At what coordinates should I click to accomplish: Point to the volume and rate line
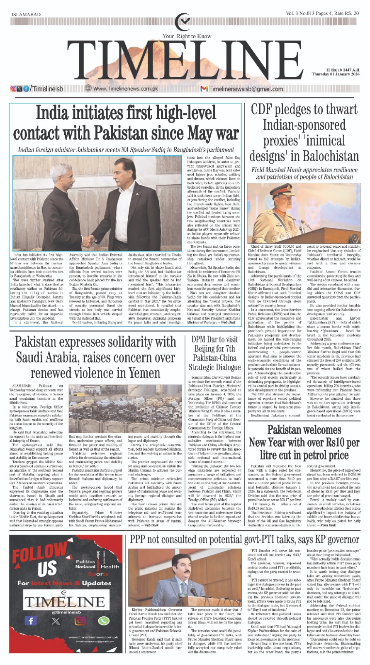tap(322, 14)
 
